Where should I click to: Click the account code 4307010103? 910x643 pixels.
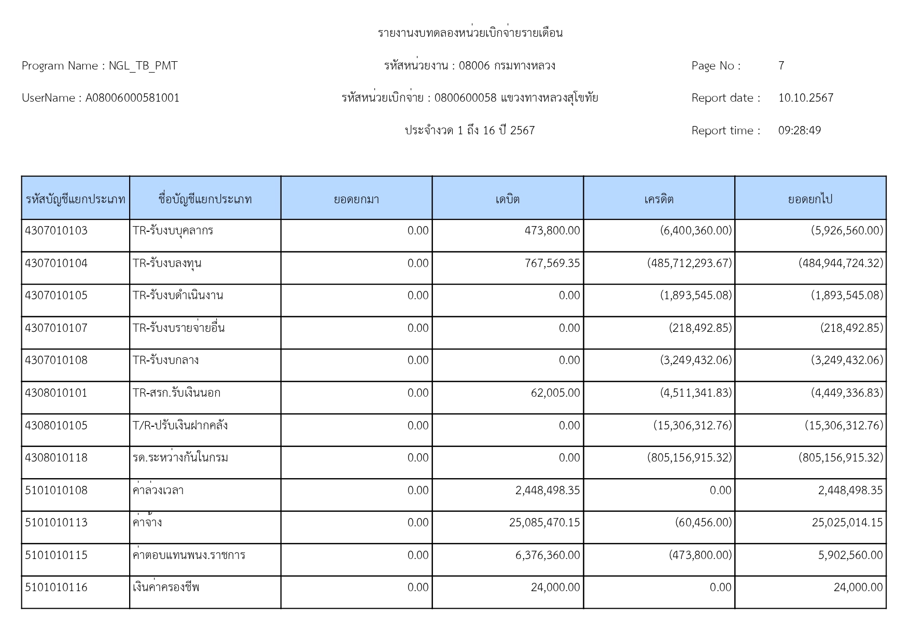57,231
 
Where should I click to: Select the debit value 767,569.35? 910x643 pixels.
552,263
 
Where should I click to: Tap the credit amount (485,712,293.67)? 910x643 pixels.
690,263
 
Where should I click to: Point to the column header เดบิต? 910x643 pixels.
508,199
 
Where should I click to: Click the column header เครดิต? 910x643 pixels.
659,199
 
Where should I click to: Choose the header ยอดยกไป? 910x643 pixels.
810,199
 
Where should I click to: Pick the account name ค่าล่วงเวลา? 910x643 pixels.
158,491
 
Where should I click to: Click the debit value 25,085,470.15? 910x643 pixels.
544,523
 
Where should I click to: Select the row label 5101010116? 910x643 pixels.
57,588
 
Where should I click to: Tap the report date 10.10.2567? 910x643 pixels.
806,98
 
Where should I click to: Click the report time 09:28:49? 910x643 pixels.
800,131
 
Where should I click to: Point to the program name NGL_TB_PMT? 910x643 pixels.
143,66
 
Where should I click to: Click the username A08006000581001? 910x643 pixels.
132,98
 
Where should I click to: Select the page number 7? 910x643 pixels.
781,66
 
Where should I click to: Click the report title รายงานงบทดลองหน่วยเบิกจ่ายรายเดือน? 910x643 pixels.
470,33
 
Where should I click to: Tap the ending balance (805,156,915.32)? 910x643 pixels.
841,458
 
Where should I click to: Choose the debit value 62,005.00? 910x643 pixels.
555,393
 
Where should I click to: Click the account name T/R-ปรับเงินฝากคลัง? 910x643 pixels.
180,426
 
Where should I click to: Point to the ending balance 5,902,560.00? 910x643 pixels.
850,555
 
